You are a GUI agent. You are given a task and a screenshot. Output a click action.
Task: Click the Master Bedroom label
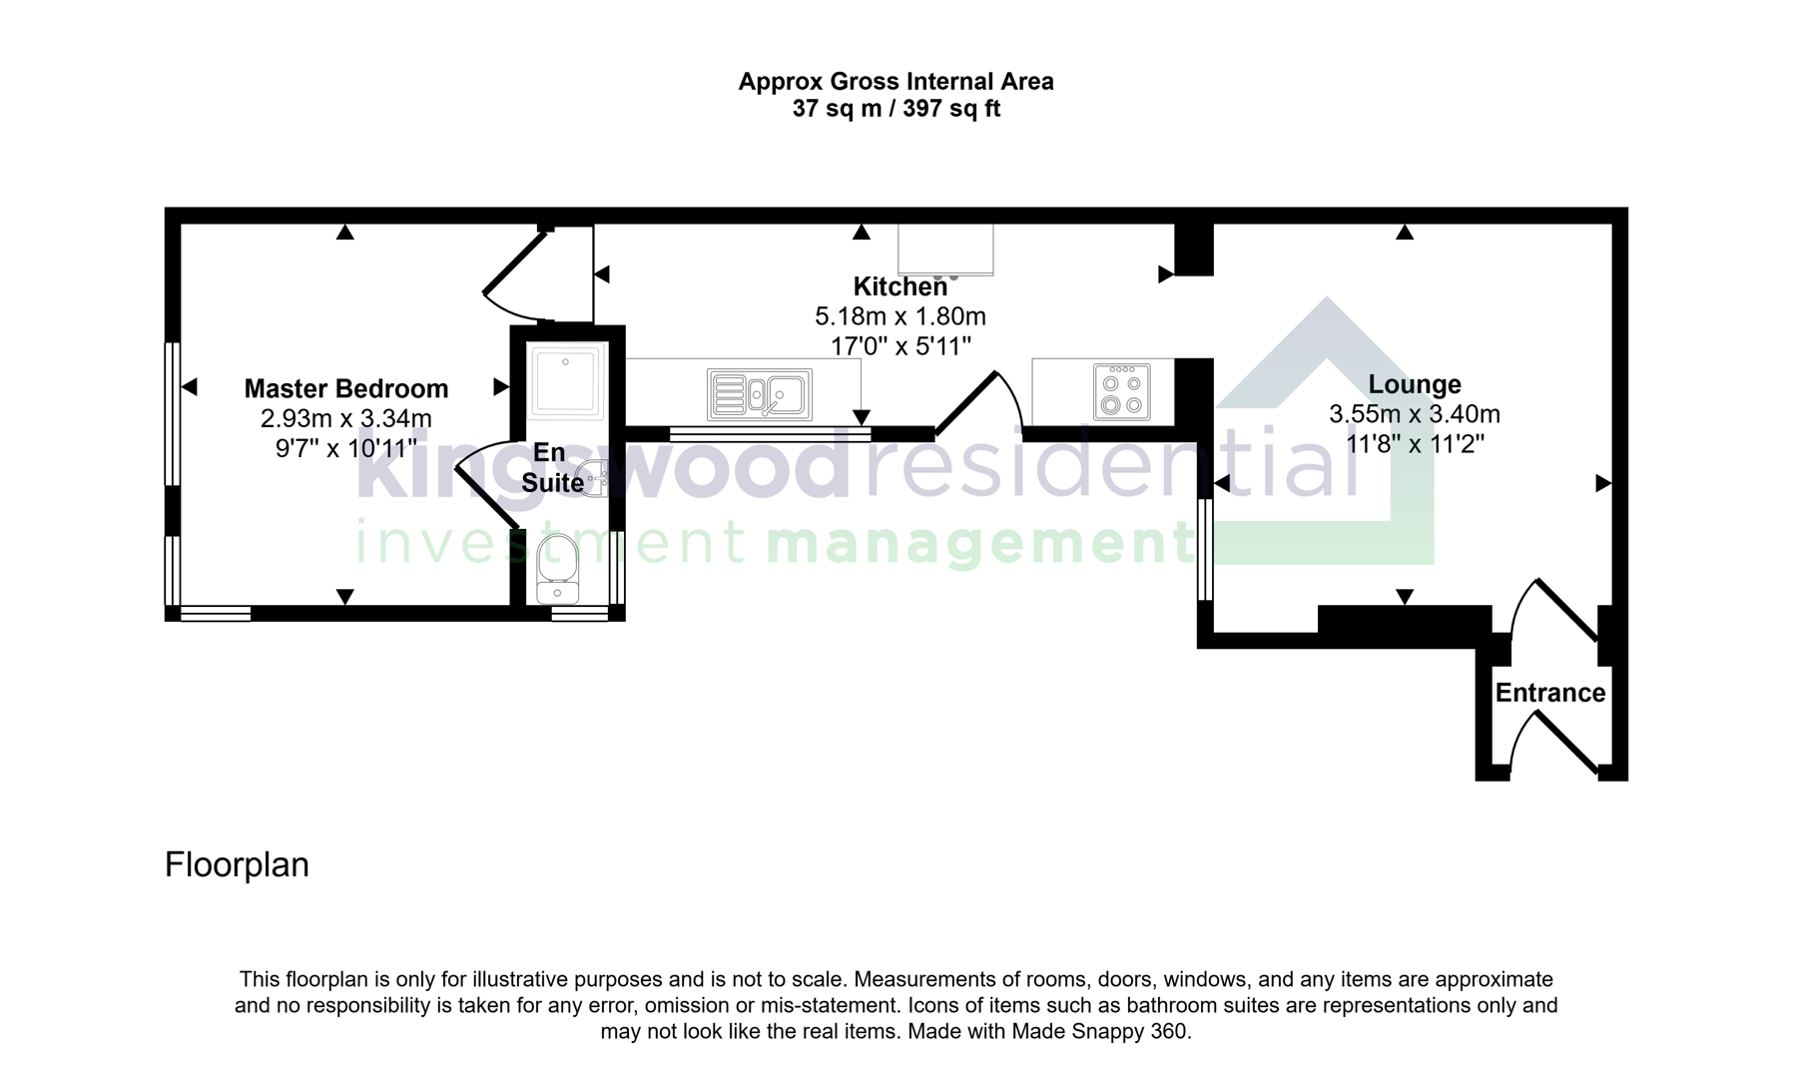pos(345,388)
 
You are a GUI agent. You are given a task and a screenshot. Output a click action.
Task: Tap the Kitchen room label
pos(899,286)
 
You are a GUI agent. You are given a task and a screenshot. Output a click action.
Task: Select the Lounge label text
pos(1414,384)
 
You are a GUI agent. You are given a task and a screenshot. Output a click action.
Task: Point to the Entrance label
pos(1549,693)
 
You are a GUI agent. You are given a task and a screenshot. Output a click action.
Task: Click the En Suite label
pos(551,467)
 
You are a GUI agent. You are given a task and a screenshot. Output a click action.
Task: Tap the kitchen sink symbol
pos(760,394)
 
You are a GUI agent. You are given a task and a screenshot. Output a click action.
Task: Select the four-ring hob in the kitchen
pos(1121,391)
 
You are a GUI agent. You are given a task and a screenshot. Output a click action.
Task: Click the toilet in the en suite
pos(557,569)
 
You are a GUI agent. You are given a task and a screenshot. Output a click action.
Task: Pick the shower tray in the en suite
pos(566,380)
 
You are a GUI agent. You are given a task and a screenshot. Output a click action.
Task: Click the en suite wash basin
pos(596,478)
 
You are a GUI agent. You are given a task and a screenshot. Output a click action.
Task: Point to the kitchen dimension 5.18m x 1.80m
pos(899,316)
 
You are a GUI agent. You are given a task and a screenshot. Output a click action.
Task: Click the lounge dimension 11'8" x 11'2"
pos(1414,444)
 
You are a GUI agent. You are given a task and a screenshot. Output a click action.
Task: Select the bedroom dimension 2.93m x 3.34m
pos(345,418)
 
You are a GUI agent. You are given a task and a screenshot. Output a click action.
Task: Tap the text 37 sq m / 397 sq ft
pos(896,109)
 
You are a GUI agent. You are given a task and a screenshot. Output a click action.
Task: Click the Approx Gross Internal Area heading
pos(896,82)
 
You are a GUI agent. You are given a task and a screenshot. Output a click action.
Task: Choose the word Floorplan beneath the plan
pos(237,864)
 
